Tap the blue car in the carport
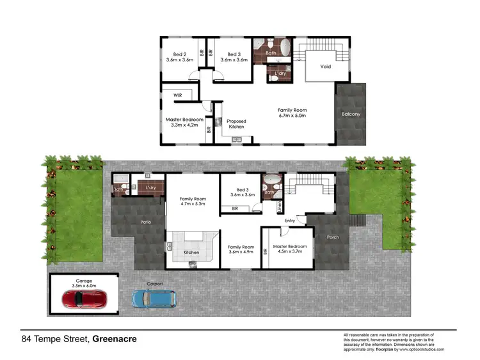tap(154, 298)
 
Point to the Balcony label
tap(350, 114)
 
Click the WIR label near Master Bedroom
tap(179, 96)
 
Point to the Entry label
tap(290, 221)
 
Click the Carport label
tap(154, 283)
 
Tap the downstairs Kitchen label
tap(191, 253)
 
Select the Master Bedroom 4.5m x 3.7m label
tap(290, 249)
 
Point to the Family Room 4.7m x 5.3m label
tap(193, 202)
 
